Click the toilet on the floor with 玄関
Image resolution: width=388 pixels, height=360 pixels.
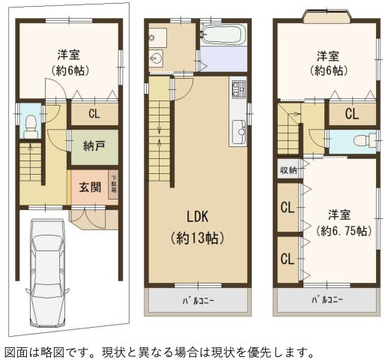[31, 126]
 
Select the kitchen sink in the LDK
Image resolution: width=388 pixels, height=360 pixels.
[240, 130]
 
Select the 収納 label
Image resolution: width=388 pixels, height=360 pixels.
[288, 169]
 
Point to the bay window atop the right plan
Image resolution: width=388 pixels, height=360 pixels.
[326, 14]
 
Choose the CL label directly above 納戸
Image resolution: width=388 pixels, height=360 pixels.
[94, 115]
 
